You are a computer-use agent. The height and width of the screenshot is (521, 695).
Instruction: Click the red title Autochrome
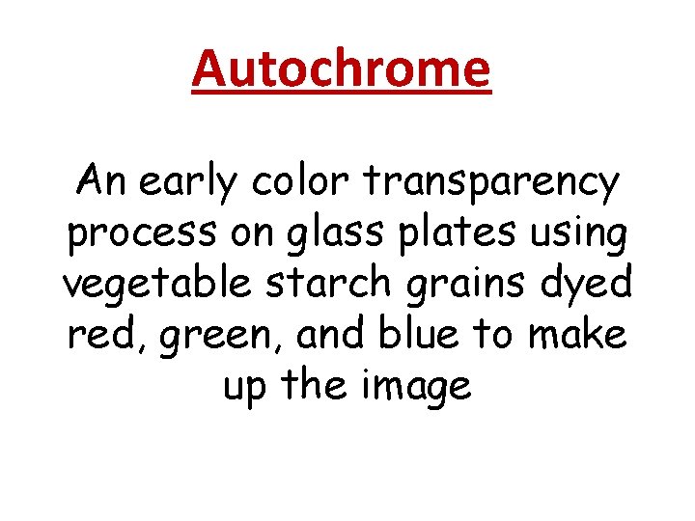pyautogui.click(x=342, y=69)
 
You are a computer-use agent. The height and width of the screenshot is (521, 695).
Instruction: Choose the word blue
pyautogui.click(x=418, y=336)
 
